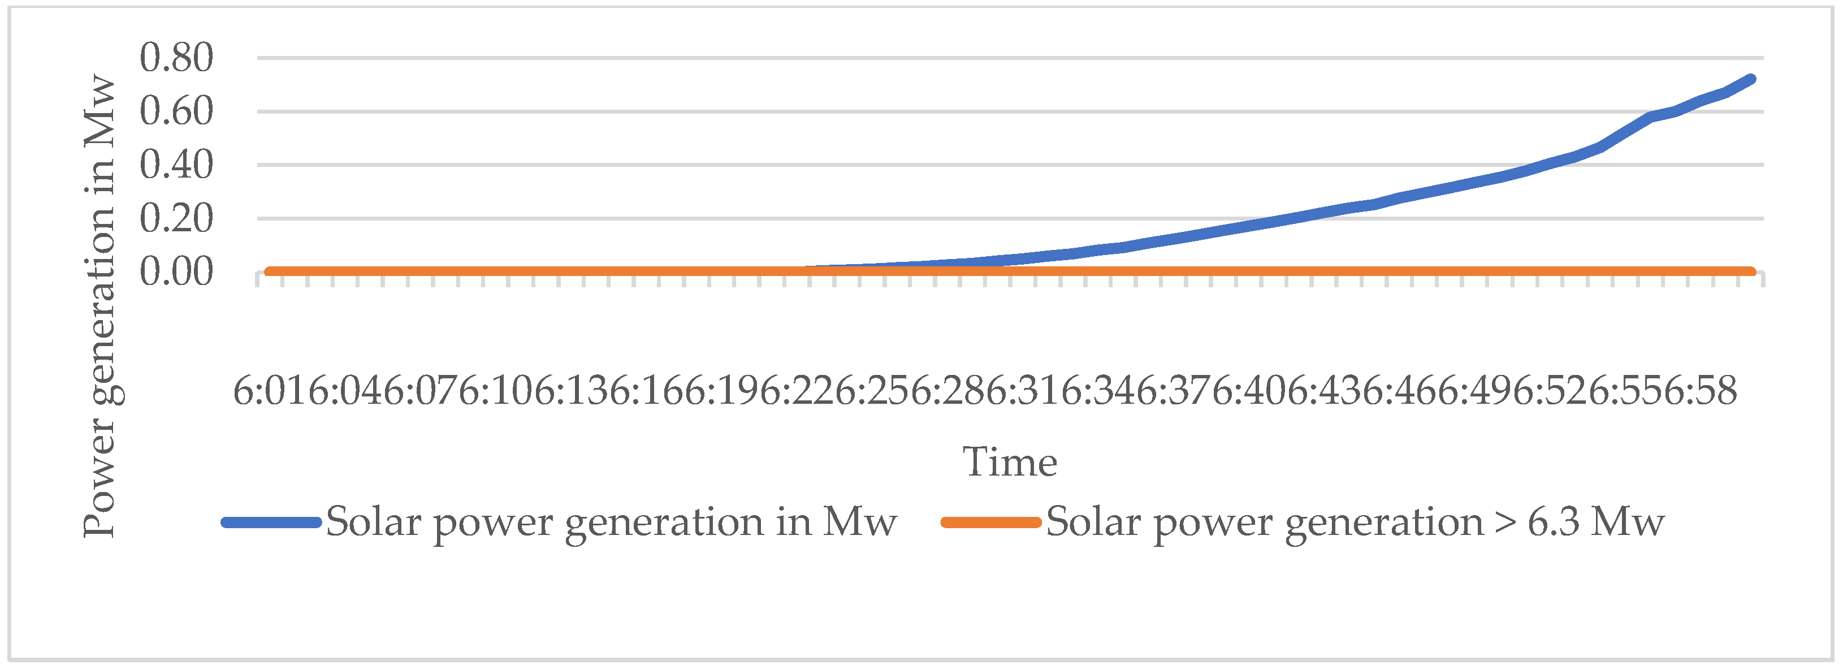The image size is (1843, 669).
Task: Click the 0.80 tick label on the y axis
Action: click(176, 57)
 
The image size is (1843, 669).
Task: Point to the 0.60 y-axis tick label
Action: click(176, 111)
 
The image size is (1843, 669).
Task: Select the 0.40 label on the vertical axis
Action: click(176, 165)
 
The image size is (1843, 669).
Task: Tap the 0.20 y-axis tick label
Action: click(176, 218)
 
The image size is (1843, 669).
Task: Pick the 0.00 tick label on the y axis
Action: click(176, 272)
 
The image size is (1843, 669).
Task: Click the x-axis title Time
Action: click(1010, 462)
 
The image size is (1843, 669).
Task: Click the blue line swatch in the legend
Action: click(270, 523)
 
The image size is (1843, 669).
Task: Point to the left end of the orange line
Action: click(269, 272)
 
